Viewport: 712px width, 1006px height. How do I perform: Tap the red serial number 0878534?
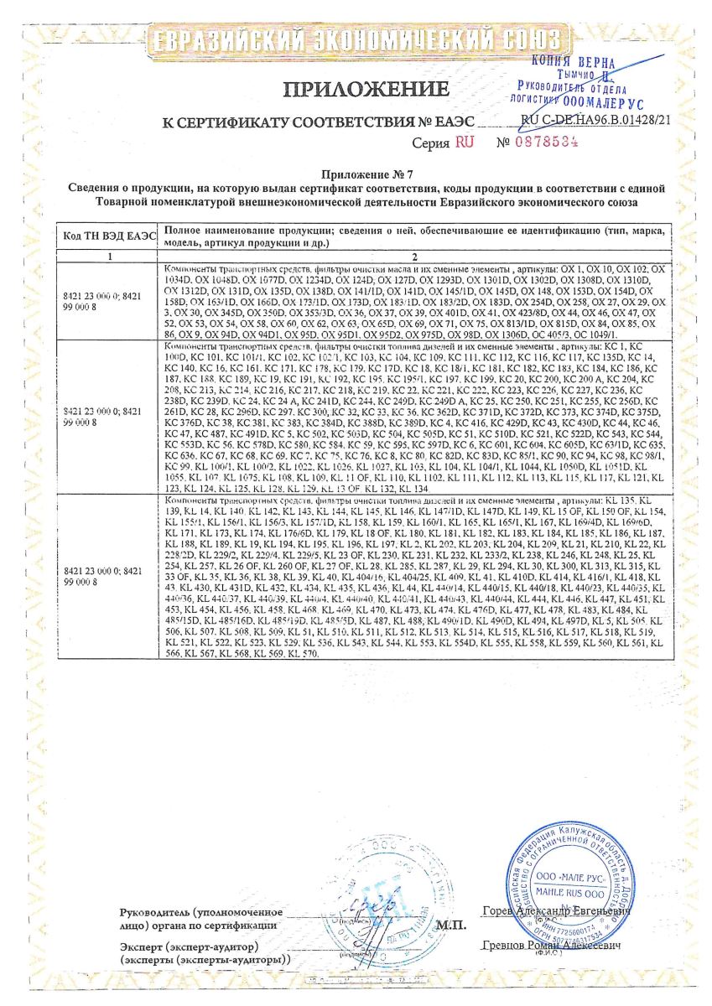click(x=550, y=143)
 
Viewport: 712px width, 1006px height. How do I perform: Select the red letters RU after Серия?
click(x=465, y=143)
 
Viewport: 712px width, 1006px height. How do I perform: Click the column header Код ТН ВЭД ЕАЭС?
click(x=106, y=236)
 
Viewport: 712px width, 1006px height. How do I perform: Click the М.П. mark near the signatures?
click(x=451, y=926)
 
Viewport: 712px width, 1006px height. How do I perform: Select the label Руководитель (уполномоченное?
click(x=201, y=911)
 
